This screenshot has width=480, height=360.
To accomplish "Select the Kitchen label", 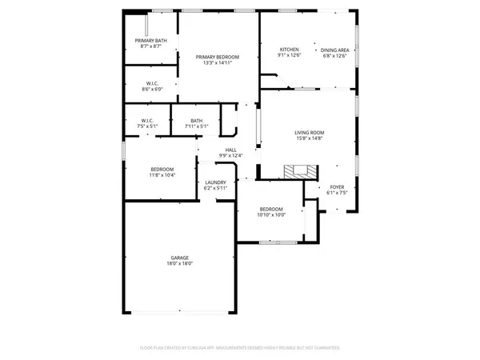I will click(x=289, y=50).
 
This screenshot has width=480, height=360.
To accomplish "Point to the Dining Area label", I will click(x=334, y=50).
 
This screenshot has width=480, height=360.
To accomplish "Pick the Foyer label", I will click(x=336, y=187).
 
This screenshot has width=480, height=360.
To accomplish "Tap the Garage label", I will click(x=179, y=258).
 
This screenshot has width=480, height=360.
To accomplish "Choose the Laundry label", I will click(x=216, y=182).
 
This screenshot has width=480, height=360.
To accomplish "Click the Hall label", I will click(x=230, y=150).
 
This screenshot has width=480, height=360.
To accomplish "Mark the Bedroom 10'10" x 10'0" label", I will click(x=271, y=210).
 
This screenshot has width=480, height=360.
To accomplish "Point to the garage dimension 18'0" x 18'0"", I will click(x=179, y=263).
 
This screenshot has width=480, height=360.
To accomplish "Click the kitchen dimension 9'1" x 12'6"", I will click(x=289, y=55).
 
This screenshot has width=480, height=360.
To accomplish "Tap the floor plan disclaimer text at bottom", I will click(x=240, y=348).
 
